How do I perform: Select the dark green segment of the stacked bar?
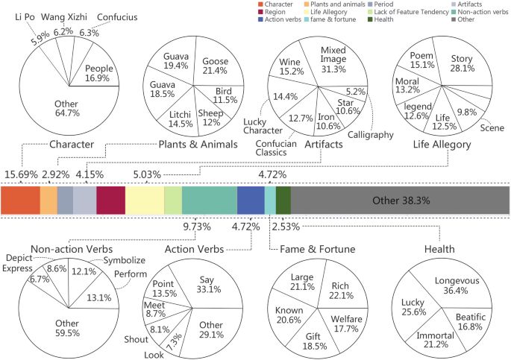tap(283, 200)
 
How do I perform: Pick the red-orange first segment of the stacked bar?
tap(20, 200)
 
